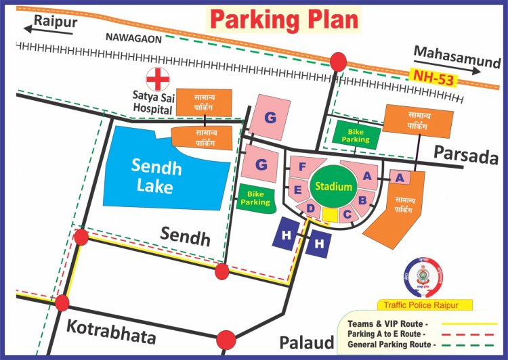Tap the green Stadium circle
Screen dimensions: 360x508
pyautogui.click(x=333, y=186)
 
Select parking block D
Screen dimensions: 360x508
pyautogui.click(x=310, y=208)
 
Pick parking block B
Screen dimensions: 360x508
pyautogui.click(x=362, y=200)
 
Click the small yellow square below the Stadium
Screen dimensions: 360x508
pyautogui.click(x=330, y=215)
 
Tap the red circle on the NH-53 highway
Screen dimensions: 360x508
pyautogui.click(x=337, y=62)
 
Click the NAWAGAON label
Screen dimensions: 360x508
pyautogui.click(x=134, y=39)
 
